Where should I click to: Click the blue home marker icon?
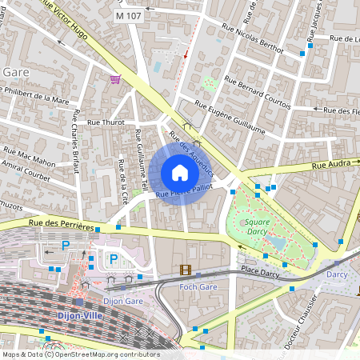pyautogui.click(x=180, y=173)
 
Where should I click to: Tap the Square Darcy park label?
pyautogui.click(x=258, y=226)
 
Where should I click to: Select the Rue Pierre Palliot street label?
pyautogui.click(x=184, y=190)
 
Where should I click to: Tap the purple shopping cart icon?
pyautogui.click(x=115, y=79)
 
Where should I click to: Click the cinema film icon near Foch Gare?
pyautogui.click(x=186, y=270)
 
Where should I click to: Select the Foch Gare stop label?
pyautogui.click(x=198, y=286)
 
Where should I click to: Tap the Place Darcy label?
pyautogui.click(x=260, y=273)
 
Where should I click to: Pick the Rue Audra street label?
pyautogui.click(x=330, y=166)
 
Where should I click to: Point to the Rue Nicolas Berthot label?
pyautogui.click(x=254, y=39)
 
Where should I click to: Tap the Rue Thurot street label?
pyautogui.click(x=106, y=122)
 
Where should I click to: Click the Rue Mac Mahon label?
pyautogui.click(x=29, y=156)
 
